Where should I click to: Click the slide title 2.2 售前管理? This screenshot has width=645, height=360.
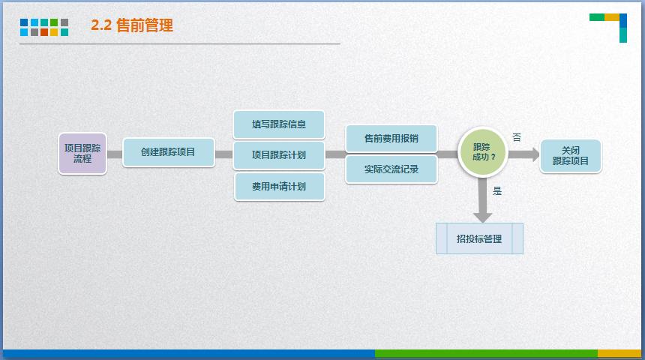click(132, 25)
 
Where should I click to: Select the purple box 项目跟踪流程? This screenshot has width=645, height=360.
click(82, 154)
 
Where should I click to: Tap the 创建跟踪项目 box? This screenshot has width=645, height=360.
click(169, 152)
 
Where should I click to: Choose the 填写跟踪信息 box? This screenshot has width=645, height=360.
click(279, 124)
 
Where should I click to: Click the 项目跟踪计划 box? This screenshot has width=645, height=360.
click(279, 155)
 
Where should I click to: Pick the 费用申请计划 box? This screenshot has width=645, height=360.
click(279, 187)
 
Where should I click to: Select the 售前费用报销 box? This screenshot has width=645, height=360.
click(391, 139)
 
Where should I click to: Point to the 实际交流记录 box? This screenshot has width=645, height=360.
click(391, 169)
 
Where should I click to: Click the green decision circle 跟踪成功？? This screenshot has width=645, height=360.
click(483, 152)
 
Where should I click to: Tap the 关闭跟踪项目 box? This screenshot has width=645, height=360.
click(571, 156)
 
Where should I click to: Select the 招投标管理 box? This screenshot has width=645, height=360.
click(480, 238)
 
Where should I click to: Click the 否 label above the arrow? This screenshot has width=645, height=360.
click(517, 137)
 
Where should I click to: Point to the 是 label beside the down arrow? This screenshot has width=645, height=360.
click(497, 191)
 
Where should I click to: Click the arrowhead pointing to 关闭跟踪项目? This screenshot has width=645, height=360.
click(535, 154)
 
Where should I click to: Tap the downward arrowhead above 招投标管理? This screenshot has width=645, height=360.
click(483, 217)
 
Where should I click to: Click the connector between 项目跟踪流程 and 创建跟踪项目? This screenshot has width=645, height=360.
click(115, 154)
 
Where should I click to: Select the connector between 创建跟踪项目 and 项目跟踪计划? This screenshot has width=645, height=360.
click(223, 154)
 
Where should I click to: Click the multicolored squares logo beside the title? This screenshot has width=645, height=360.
click(44, 28)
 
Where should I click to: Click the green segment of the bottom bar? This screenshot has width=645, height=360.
click(486, 353)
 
